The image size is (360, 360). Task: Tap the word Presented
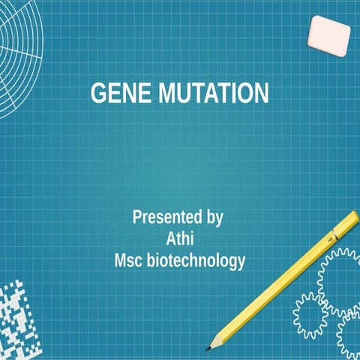[x=167, y=218]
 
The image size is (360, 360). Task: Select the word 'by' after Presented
[x=214, y=219]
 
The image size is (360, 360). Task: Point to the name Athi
[x=180, y=240]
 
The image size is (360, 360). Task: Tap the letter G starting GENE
[x=97, y=94]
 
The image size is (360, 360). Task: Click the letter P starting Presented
[x=137, y=218]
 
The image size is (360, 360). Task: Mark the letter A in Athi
[x=169, y=240]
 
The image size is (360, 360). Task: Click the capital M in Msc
[x=120, y=262]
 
